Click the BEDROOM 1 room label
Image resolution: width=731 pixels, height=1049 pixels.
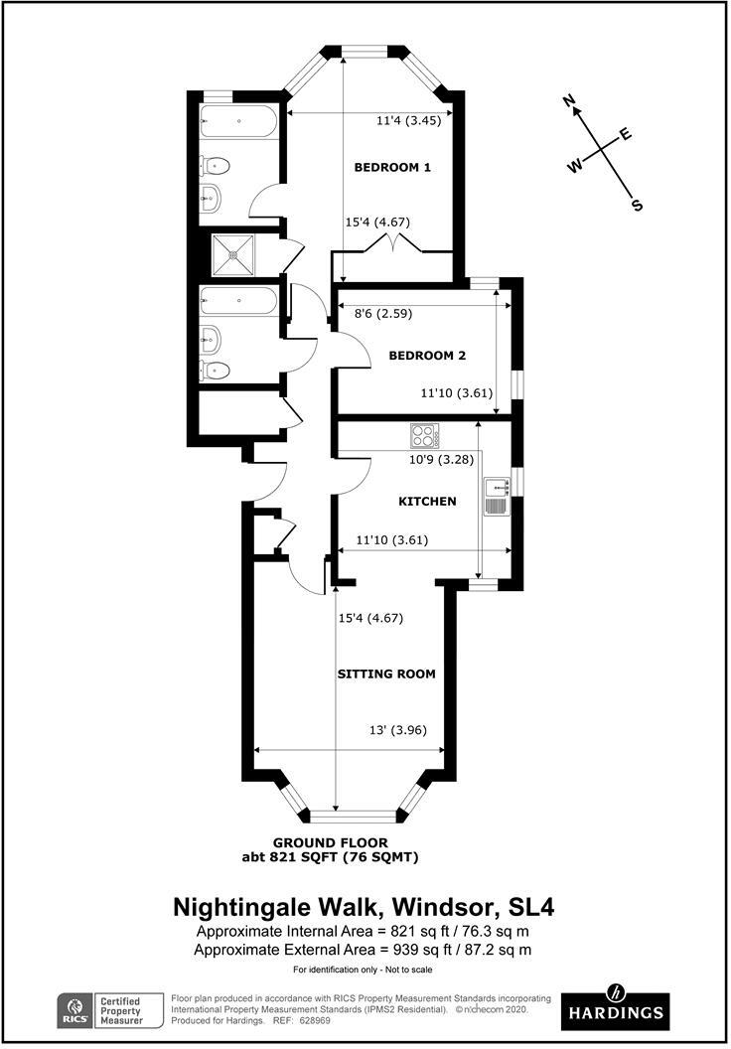click(x=392, y=168)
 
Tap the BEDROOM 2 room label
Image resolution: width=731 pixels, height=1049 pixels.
click(x=427, y=356)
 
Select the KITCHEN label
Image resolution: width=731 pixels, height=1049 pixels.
click(x=427, y=502)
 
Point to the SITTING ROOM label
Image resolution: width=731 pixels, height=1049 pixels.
click(x=386, y=674)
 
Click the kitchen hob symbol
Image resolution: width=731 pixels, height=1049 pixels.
click(x=425, y=435)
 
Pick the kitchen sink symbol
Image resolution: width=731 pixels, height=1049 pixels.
click(x=496, y=495)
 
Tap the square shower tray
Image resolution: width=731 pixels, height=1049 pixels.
click(x=233, y=253)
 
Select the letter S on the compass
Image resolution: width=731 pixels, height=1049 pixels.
click(x=638, y=206)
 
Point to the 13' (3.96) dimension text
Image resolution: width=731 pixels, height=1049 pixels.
click(x=396, y=731)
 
